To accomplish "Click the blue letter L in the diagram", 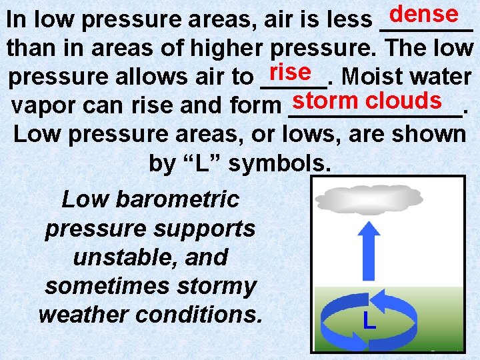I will pyautogui.click(x=369, y=321).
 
